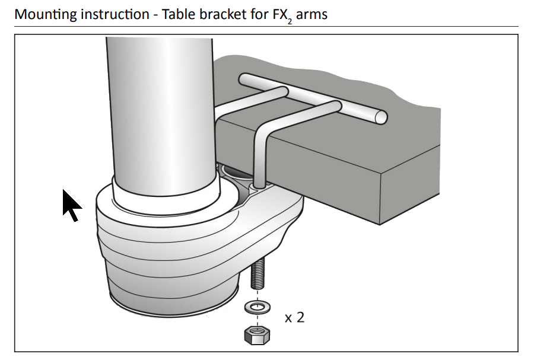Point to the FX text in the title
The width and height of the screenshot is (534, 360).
pos(280,14)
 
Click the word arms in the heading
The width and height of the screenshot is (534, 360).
pos(312,15)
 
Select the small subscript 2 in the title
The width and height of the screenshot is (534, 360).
pos(290,21)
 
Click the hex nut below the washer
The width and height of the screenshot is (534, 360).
pos(257,335)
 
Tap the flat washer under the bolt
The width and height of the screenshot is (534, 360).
pos(258,307)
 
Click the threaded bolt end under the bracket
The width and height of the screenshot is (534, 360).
pos(258,273)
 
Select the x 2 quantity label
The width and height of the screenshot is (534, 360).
pos(294,317)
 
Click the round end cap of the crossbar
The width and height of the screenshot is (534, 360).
pos(381,117)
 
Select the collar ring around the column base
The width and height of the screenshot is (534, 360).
pos(166,200)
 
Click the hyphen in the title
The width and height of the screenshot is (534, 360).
pos(155,15)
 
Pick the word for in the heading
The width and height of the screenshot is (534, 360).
pos(260,14)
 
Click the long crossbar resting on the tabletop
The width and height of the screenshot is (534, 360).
pos(313,98)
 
